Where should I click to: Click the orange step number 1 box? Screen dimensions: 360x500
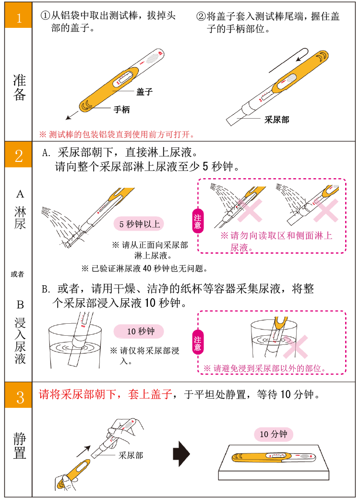point(18,15)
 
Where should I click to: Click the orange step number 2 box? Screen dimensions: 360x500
point(18,154)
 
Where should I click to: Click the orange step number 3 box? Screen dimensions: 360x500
point(18,395)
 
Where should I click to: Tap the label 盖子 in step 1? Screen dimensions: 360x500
point(144,92)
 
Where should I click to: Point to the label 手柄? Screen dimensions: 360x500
point(122,110)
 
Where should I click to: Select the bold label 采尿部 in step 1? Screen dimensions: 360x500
point(276,120)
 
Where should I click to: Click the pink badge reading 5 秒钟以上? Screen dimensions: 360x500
point(139,224)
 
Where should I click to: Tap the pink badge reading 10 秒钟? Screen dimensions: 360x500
point(139,331)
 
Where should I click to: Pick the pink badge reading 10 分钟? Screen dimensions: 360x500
point(273,434)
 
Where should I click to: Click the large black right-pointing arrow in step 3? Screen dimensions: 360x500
point(181,454)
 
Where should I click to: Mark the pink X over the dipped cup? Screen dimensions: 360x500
point(296,347)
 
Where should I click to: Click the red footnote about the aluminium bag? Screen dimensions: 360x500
point(117,134)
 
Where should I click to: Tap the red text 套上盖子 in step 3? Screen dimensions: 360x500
point(150,394)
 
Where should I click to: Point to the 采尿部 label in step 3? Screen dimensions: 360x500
point(131,455)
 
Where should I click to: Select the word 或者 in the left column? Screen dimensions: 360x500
point(18,274)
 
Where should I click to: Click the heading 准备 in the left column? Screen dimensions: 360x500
point(19,87)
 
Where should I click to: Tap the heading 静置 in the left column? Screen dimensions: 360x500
point(19,445)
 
